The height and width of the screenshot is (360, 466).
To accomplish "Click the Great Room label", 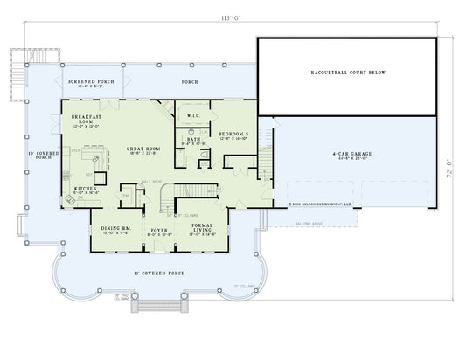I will tap(142, 150).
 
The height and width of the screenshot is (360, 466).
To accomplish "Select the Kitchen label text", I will tap(85, 190).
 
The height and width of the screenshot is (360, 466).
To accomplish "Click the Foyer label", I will tap(158, 232).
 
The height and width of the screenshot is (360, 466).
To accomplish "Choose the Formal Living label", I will tap(203, 230).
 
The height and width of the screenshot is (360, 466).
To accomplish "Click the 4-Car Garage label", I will tap(352, 156).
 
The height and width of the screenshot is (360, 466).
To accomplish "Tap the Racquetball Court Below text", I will tap(348, 73).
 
